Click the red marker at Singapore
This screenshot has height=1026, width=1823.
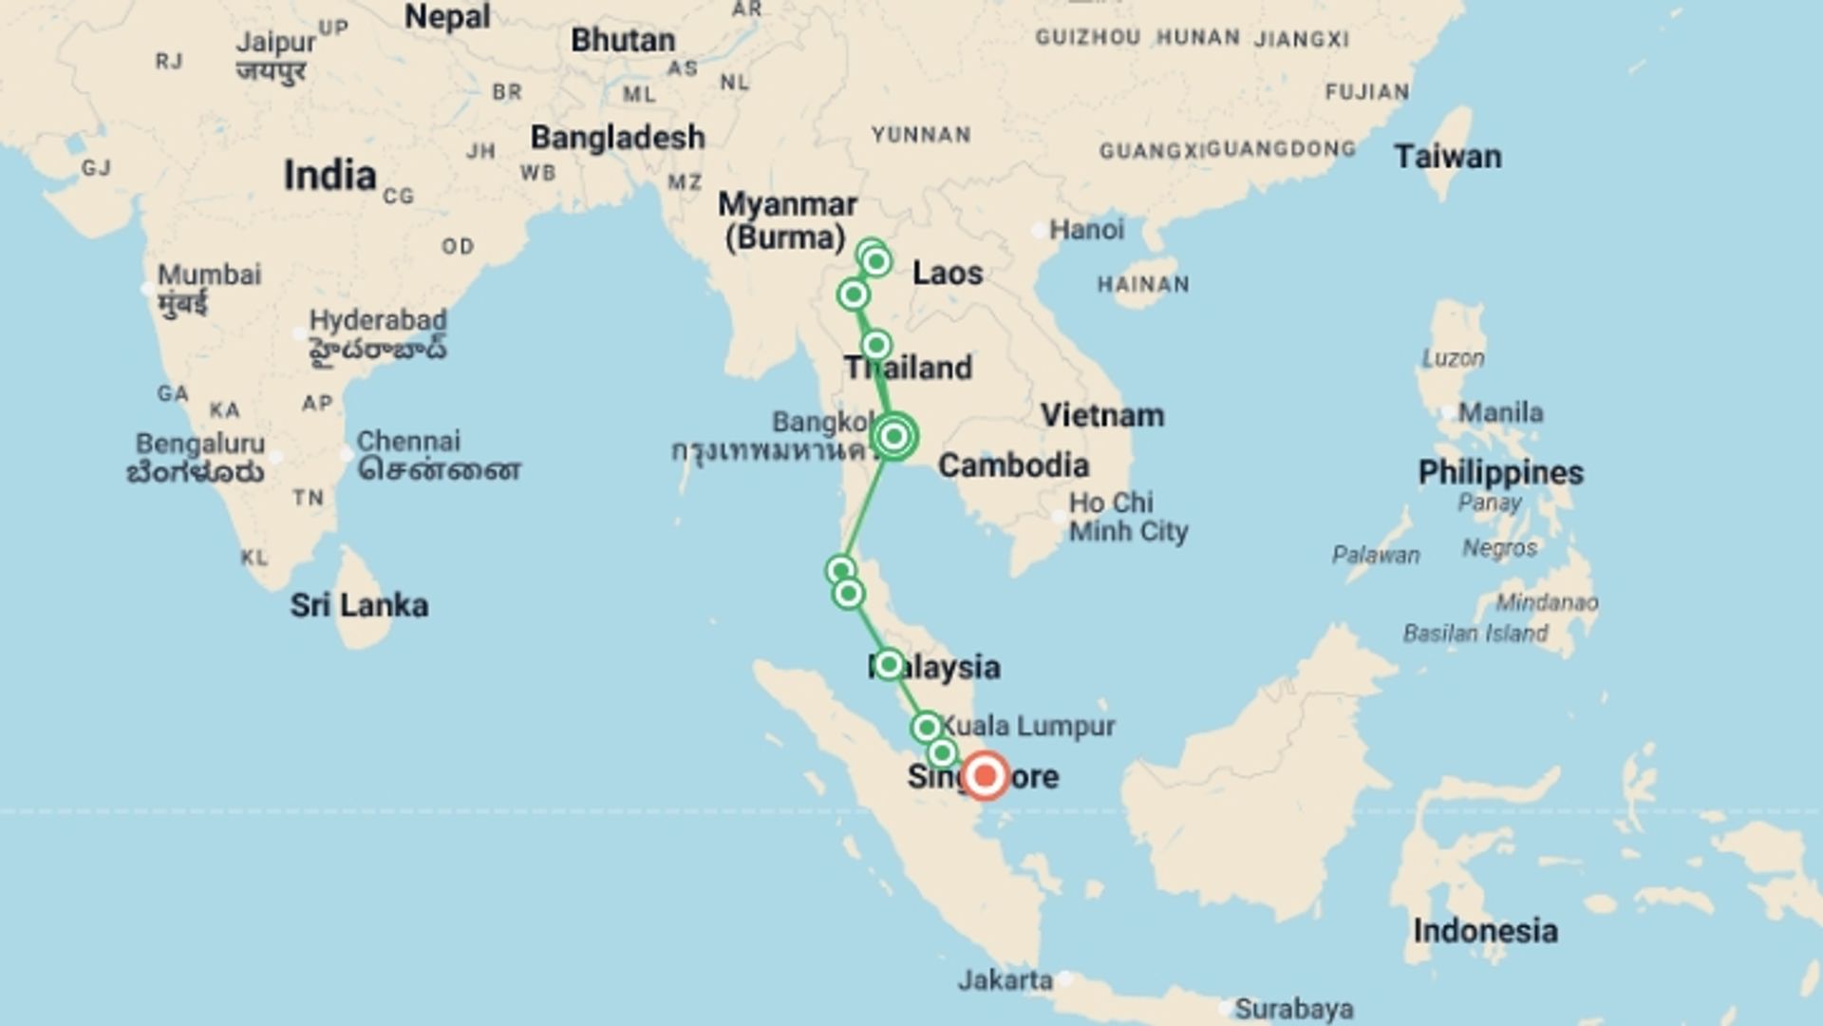pyautogui.click(x=985, y=776)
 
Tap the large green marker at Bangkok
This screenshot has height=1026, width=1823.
pyautogui.click(x=893, y=436)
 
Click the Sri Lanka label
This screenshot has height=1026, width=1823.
pyautogui.click(x=359, y=605)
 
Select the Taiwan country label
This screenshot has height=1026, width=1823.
pyautogui.click(x=1448, y=157)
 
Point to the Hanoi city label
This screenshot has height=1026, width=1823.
pyautogui.click(x=1086, y=229)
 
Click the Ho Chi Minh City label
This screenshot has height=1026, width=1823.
pyautogui.click(x=1128, y=517)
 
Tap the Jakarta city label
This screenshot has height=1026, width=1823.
pyautogui.click(x=1005, y=979)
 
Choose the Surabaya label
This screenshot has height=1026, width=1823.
pyautogui.click(x=1294, y=1009)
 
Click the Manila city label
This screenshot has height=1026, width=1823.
pyautogui.click(x=1500, y=412)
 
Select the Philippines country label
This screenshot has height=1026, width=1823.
pyautogui.click(x=1500, y=472)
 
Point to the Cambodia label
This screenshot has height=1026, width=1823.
pyautogui.click(x=1013, y=465)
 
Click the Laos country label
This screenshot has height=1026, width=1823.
pyautogui.click(x=947, y=274)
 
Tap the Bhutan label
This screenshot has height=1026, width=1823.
pyautogui.click(x=623, y=41)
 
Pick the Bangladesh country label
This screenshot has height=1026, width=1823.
pyautogui.click(x=617, y=138)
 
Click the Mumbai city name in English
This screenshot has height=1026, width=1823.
pyautogui.click(x=209, y=275)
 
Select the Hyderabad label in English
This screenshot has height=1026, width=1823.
pyautogui.click(x=378, y=320)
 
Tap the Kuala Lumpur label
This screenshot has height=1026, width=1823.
pyautogui.click(x=1028, y=726)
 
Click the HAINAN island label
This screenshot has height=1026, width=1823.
pyautogui.click(x=1143, y=284)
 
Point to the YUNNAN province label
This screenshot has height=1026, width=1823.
pyautogui.click(x=921, y=135)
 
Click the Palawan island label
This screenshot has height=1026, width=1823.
pyautogui.click(x=1376, y=555)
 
